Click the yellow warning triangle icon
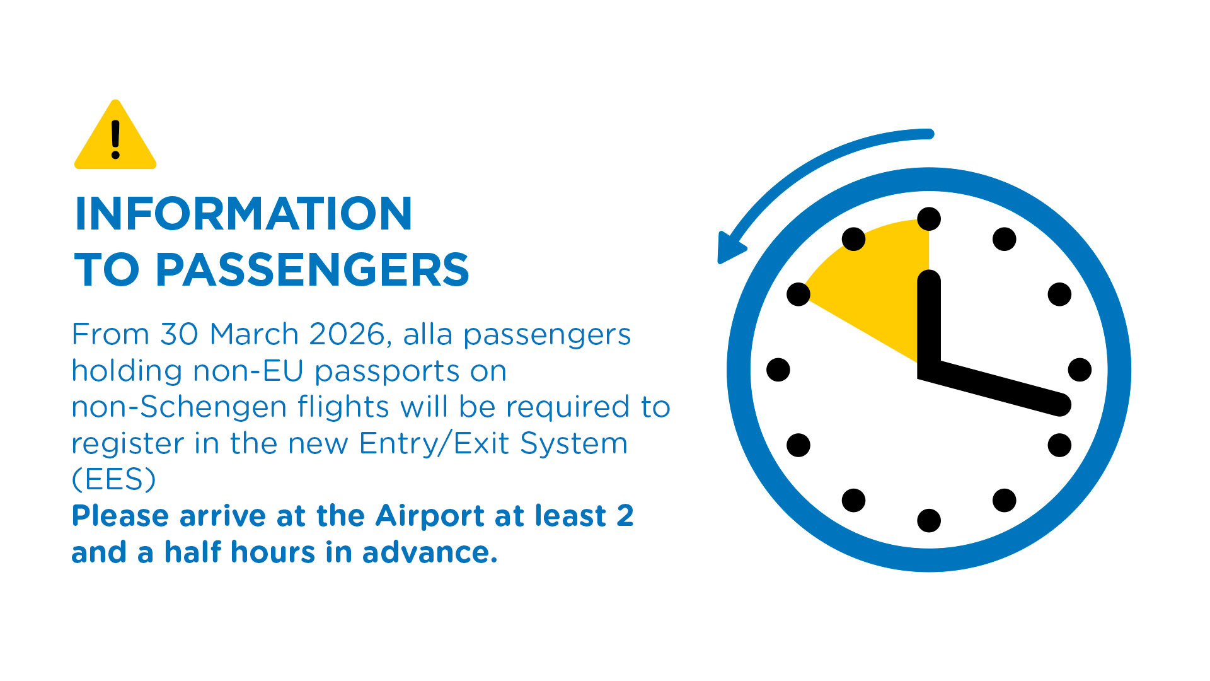[x=115, y=136]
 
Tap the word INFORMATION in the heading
[x=244, y=214]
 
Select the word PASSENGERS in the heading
[x=312, y=270]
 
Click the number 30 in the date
[x=180, y=334]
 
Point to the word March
[x=254, y=334]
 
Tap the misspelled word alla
[x=428, y=334]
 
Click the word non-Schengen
[x=179, y=407]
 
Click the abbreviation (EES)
[x=113, y=479]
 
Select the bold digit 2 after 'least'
[x=625, y=516]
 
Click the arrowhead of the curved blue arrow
[x=731, y=248]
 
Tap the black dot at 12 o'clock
[x=929, y=219]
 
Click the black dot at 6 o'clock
[x=929, y=521]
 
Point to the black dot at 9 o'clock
[x=778, y=370]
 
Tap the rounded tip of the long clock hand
[x=1061, y=405]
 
